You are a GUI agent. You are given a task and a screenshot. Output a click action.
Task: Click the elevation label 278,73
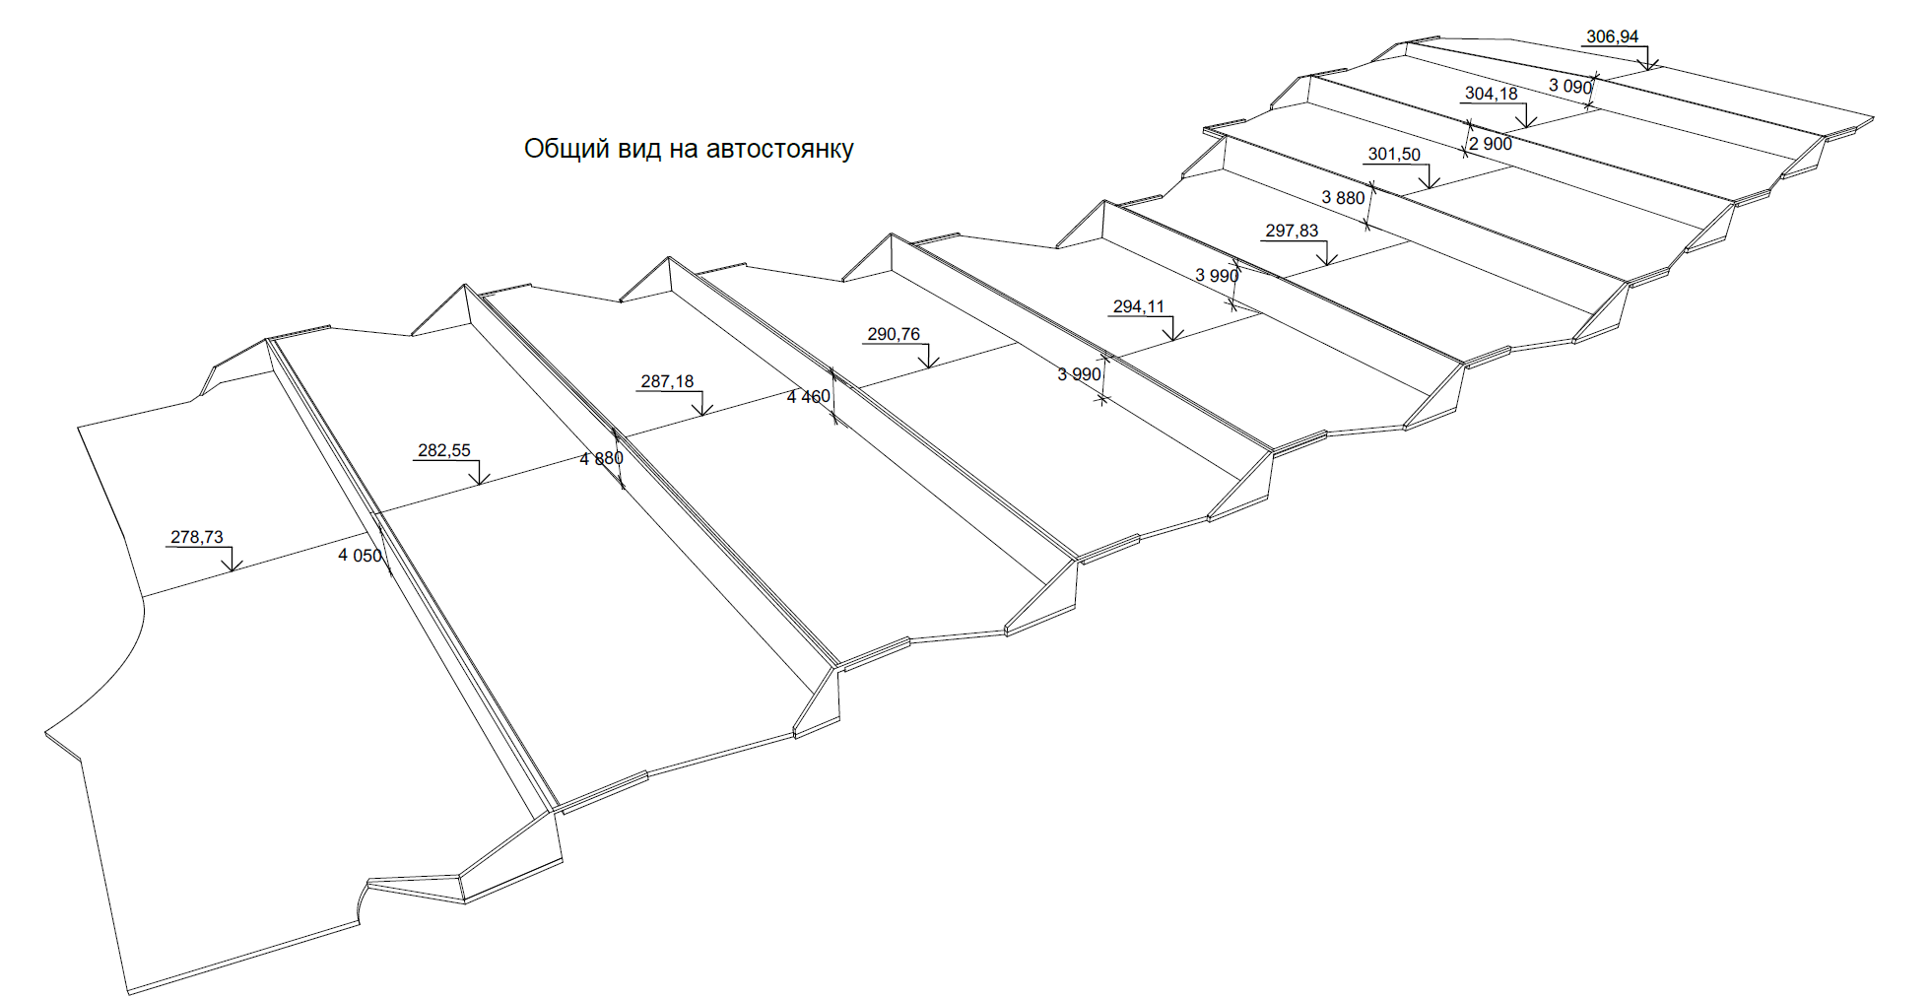click(197, 537)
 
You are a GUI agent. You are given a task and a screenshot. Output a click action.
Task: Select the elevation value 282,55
click(444, 450)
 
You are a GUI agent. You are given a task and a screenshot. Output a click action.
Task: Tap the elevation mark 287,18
click(667, 381)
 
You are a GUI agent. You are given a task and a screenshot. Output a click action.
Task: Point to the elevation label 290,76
click(894, 334)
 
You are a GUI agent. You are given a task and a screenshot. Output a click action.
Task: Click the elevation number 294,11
click(1138, 306)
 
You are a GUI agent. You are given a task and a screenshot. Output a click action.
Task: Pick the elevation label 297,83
click(1292, 231)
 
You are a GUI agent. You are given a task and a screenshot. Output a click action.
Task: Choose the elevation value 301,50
click(1394, 155)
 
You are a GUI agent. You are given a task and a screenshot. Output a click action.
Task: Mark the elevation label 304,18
click(1491, 94)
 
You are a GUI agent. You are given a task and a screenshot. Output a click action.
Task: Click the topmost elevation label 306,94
click(1612, 37)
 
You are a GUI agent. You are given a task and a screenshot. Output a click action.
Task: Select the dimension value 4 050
click(360, 556)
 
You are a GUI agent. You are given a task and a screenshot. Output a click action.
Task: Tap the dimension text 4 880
click(601, 459)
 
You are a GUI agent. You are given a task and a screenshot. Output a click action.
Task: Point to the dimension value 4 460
click(809, 397)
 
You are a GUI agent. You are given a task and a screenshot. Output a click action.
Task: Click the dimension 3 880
click(1343, 198)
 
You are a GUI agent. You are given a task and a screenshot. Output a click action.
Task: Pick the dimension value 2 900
click(1491, 144)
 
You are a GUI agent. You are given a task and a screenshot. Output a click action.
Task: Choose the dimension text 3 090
click(1569, 87)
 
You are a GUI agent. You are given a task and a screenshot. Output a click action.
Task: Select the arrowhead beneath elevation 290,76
click(928, 366)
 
